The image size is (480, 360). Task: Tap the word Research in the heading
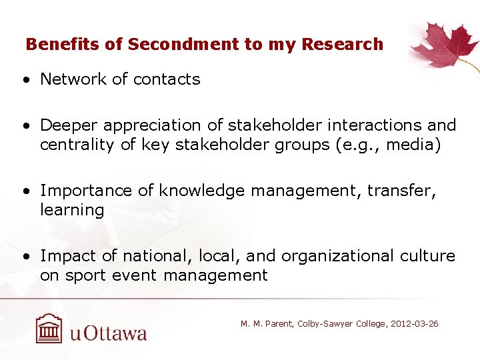[342, 45]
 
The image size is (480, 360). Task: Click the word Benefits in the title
[63, 45]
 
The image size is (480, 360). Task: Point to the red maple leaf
[441, 45]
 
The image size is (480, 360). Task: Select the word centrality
[77, 145]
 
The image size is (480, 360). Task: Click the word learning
[72, 211]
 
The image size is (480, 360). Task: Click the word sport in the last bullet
[82, 276]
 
